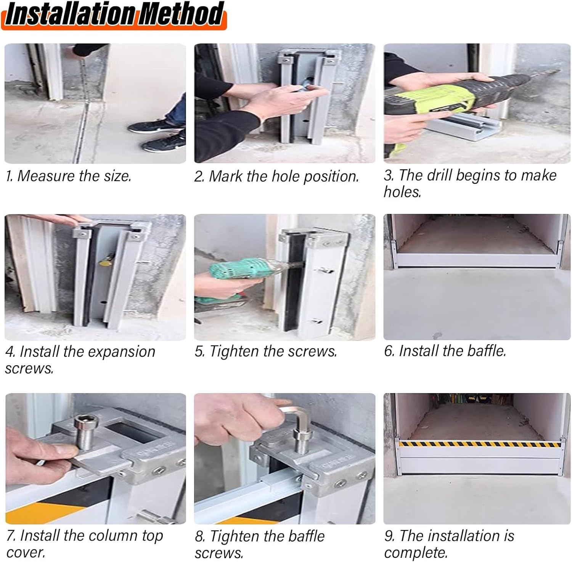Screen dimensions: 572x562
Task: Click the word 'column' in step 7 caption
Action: click(114, 536)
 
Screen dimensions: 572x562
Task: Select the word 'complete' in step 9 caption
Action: click(415, 552)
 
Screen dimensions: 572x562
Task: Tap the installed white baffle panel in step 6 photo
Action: click(477, 261)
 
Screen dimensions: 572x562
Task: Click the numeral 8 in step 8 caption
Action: click(199, 536)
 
